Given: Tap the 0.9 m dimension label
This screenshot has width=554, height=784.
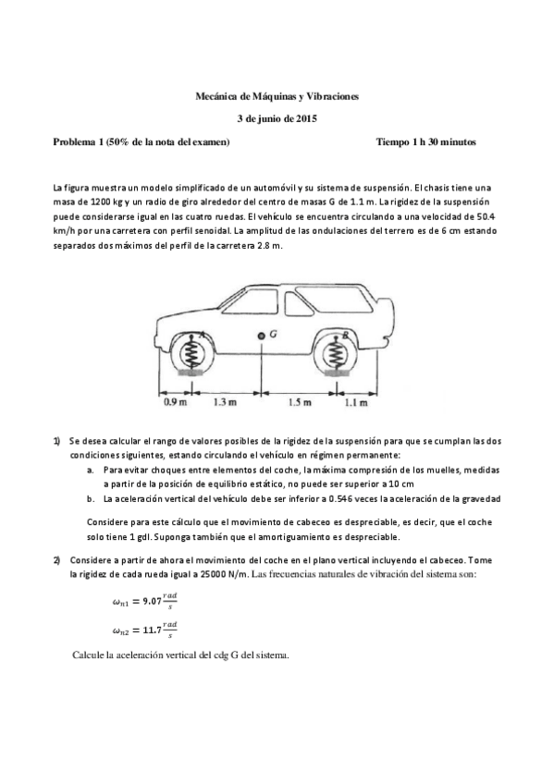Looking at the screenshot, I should (174, 403).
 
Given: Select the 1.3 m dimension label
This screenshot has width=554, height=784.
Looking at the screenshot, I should (224, 403).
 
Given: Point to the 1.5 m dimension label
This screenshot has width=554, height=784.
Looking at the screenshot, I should (299, 403).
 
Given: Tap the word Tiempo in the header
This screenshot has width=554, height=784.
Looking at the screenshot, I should (395, 142).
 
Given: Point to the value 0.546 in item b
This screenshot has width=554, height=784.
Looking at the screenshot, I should (330, 498).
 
